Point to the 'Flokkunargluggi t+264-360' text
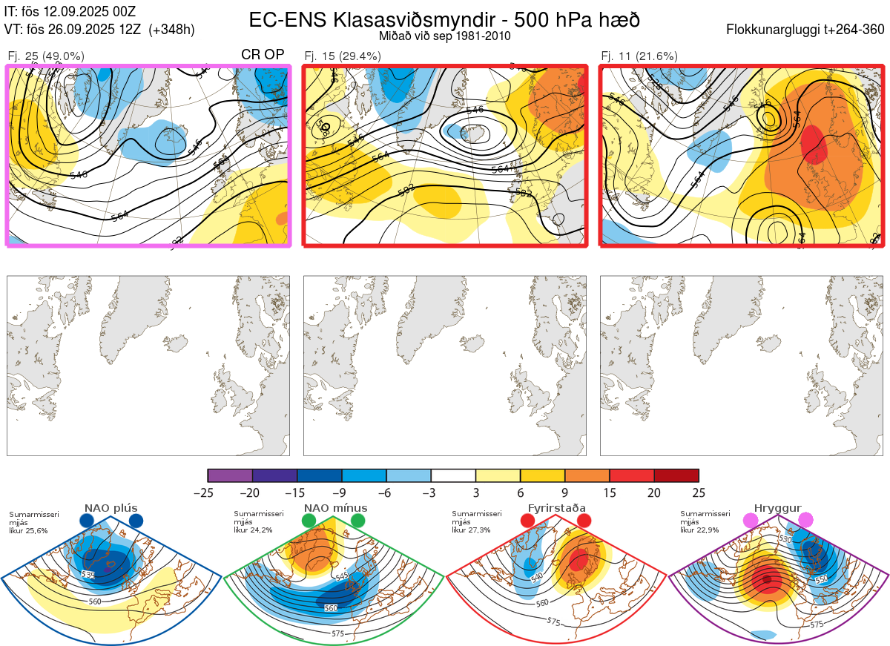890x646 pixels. point(807,30)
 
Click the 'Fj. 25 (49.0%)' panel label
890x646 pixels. point(45,56)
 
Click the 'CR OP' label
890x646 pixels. point(263,55)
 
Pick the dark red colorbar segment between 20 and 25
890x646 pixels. point(676,475)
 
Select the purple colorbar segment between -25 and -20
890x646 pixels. point(230,475)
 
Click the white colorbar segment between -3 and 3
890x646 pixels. point(453,475)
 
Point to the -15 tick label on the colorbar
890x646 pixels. point(296,492)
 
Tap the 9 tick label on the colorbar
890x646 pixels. point(565,492)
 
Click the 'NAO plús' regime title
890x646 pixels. point(111,508)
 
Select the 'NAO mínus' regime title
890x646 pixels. point(335,508)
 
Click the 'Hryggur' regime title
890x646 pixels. point(777,508)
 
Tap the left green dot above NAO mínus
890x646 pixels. point(309,521)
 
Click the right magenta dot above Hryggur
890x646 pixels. point(805,521)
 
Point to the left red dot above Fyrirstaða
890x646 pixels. point(527,521)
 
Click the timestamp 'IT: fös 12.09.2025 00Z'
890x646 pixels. point(70,12)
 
